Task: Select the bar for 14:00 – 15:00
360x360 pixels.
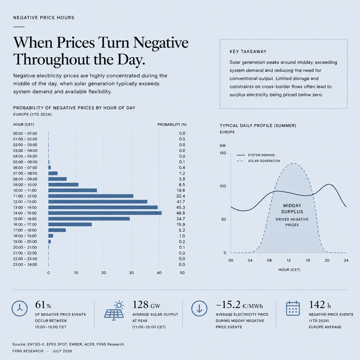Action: (105, 213)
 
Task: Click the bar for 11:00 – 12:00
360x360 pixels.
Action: (91, 196)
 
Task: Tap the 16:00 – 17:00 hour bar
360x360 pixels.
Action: (70, 224)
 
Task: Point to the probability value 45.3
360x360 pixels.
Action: (181, 207)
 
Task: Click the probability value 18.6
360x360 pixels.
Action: (181, 190)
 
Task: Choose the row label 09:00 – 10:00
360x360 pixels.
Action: (25, 185)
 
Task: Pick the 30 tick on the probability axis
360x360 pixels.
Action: (131, 273)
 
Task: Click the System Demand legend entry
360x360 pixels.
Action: (256, 155)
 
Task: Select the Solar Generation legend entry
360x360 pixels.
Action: (258, 161)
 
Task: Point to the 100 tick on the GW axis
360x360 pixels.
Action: (223, 186)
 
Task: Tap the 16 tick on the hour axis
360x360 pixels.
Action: (308, 260)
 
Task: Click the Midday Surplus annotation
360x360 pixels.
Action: (292, 209)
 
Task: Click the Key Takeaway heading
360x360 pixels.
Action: (248, 52)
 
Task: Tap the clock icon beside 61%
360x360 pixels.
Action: (20, 308)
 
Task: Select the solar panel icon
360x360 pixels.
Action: (114, 311)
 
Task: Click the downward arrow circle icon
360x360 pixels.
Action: (199, 308)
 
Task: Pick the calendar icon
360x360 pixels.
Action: (293, 308)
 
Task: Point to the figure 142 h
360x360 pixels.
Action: (320, 305)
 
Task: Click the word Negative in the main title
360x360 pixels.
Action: (161, 42)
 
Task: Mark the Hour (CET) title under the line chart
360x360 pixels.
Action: (289, 270)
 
